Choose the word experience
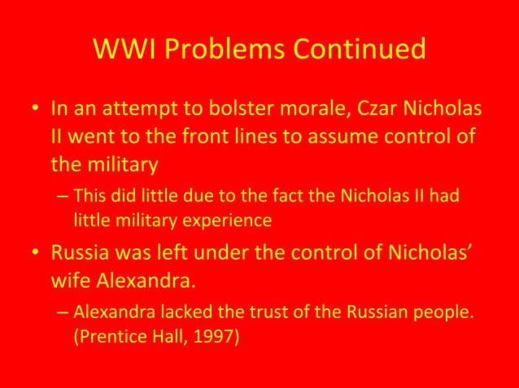230,218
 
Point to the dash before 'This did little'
63,196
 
